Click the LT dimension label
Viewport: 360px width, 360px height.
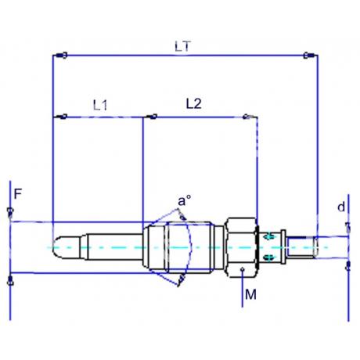[182, 46]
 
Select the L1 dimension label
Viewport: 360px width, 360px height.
[100, 103]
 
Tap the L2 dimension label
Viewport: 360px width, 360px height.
[194, 103]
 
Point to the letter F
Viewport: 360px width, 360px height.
[16, 191]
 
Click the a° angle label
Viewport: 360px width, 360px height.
[184, 201]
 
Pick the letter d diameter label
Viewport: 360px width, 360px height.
[341, 207]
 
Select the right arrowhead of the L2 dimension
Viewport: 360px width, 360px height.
[247, 118]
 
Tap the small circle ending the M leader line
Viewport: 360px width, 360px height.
[245, 270]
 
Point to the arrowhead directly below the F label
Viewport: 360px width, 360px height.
[9, 212]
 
